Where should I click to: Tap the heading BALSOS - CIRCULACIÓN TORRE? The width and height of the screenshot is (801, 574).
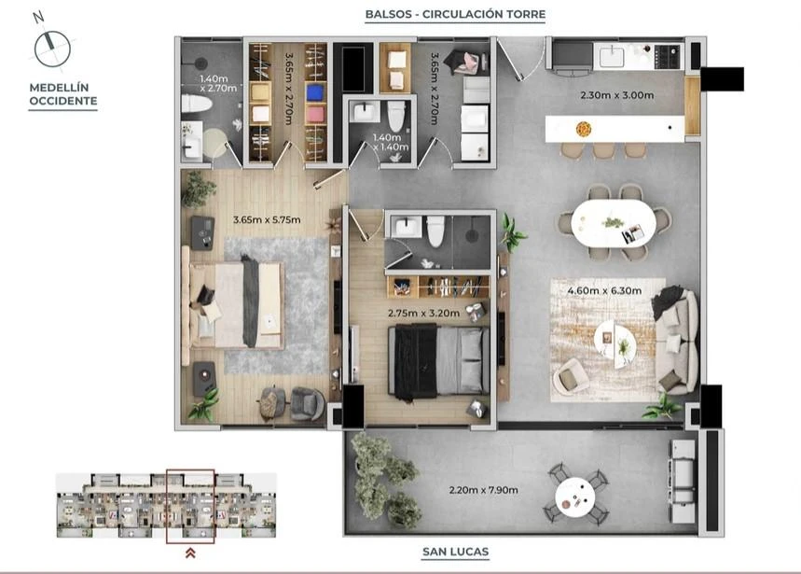point(455,14)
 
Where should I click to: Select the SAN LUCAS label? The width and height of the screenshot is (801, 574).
point(455,552)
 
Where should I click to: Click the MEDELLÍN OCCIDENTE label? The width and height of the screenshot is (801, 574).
point(62,94)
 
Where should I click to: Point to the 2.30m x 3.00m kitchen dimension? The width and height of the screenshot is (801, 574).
point(617,95)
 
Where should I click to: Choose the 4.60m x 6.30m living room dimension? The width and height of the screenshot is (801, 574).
point(604,291)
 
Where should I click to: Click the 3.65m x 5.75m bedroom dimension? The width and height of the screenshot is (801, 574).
point(267,219)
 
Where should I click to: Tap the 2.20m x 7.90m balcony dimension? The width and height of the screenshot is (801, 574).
point(483,490)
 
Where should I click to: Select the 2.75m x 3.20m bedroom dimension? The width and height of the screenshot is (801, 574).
point(423,313)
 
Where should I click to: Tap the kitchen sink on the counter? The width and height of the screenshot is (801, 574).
point(612,56)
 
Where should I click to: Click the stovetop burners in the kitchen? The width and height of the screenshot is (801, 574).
point(668,56)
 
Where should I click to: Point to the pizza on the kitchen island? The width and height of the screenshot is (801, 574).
point(584,128)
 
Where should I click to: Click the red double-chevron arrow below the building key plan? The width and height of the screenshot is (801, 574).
point(190,553)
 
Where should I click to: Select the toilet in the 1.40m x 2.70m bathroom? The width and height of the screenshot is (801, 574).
point(197,104)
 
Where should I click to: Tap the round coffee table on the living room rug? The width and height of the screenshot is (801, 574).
point(615,341)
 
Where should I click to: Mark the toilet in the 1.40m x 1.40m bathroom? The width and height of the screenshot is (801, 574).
point(396,116)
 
